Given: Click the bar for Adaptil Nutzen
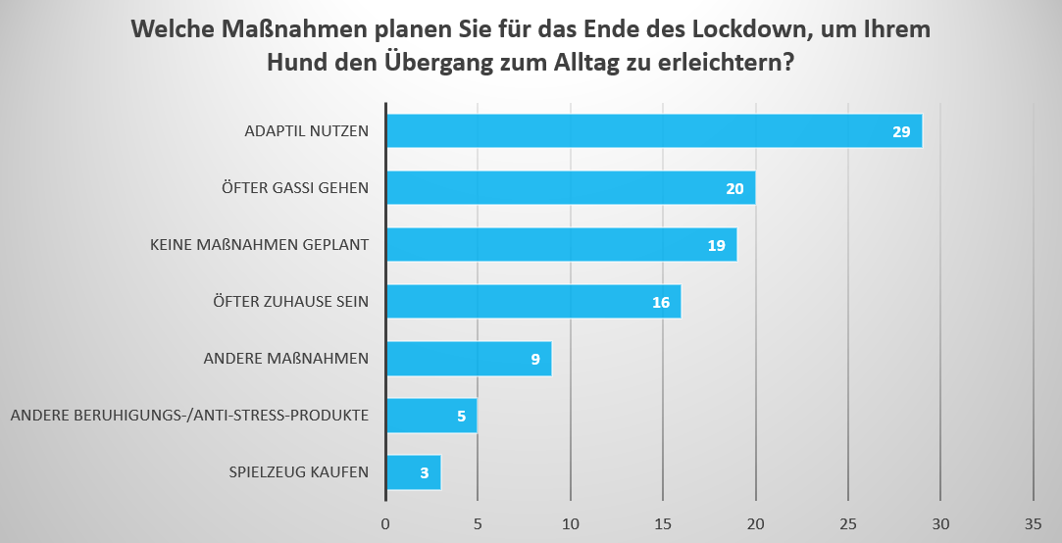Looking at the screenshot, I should tap(654, 131).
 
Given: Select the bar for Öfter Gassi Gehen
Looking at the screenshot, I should tap(571, 188).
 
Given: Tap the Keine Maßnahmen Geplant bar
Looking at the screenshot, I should tap(561, 245).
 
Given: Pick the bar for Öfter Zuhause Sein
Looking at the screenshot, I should tap(533, 302).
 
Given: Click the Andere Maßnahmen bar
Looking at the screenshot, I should tap(469, 359).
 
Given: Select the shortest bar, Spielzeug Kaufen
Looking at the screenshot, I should tap(413, 472).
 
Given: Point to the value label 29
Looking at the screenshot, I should tap(901, 131).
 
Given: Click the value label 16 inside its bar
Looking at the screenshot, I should tap(661, 302).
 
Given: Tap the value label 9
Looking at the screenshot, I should tap(535, 359).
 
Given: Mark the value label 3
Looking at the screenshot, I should tap(425, 472).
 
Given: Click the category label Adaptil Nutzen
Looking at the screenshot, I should tap(306, 131).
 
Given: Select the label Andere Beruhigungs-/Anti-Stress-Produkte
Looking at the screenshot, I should tap(189, 416).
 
